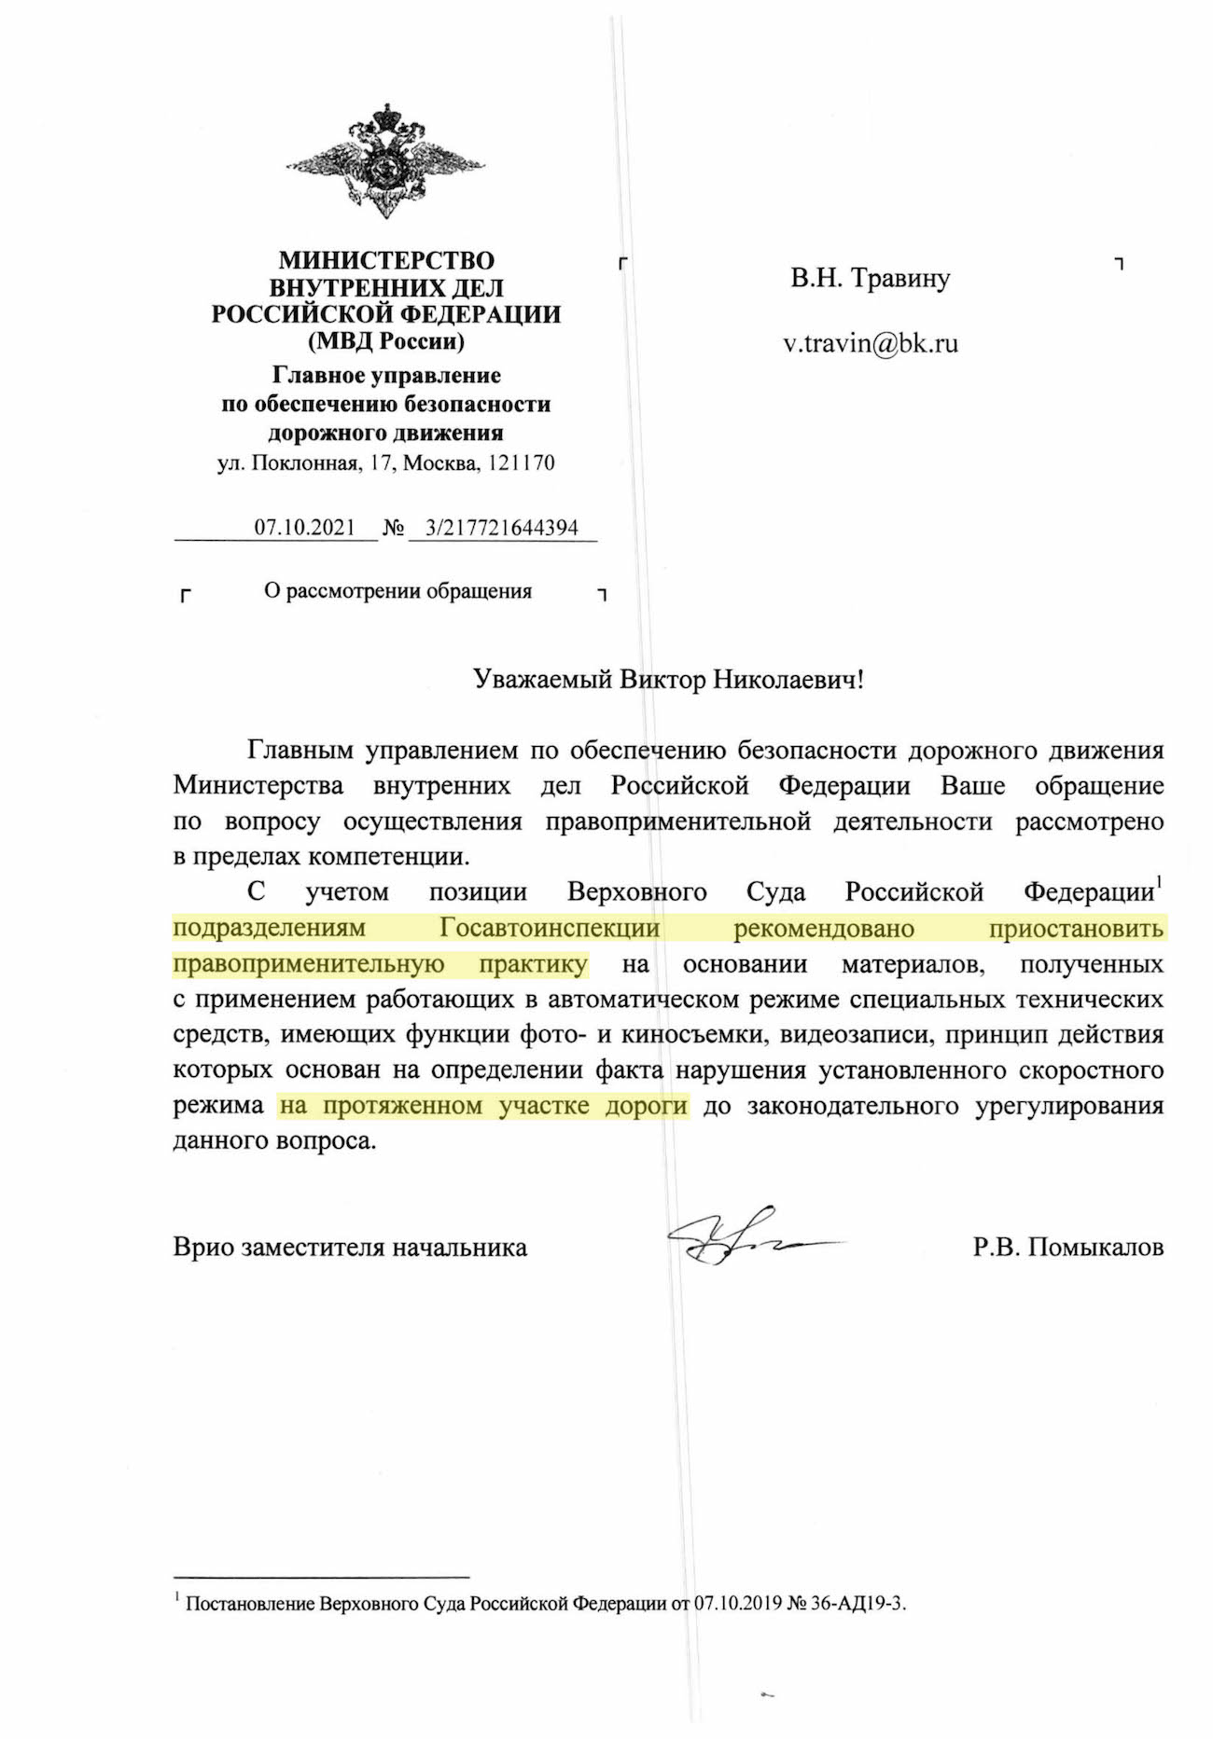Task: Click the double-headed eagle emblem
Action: coord(385,161)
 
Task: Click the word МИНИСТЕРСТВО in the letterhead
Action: coord(386,260)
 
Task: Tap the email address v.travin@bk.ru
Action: coord(870,344)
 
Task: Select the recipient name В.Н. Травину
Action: coord(870,279)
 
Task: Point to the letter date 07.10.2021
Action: coord(304,528)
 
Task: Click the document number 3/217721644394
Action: coord(501,528)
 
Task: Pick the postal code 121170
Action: coord(522,462)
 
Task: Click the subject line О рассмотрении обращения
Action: coord(397,591)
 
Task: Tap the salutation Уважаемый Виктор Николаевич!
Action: coord(668,680)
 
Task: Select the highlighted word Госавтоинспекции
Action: coord(550,929)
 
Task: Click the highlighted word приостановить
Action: coord(1076,929)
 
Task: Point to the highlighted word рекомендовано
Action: coord(823,929)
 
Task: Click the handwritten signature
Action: coord(737,1238)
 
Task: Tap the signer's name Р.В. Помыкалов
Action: coord(1067,1248)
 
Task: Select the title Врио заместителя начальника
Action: coord(350,1248)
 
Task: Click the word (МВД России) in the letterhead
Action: coord(386,341)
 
